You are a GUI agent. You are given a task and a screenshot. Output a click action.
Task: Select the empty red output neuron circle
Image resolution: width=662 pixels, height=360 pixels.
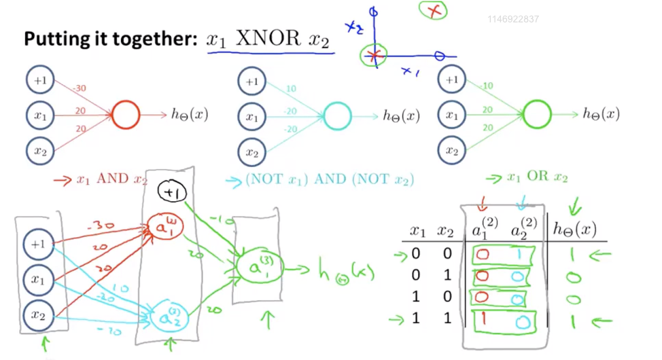125,115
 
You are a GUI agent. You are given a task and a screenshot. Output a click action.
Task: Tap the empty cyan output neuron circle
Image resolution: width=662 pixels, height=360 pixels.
337,116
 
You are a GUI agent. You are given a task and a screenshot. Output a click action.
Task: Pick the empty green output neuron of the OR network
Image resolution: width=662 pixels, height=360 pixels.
537,114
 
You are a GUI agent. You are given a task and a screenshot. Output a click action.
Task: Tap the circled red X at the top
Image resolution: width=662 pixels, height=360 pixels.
433,10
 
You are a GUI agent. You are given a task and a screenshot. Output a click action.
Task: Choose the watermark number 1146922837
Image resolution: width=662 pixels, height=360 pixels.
513,19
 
